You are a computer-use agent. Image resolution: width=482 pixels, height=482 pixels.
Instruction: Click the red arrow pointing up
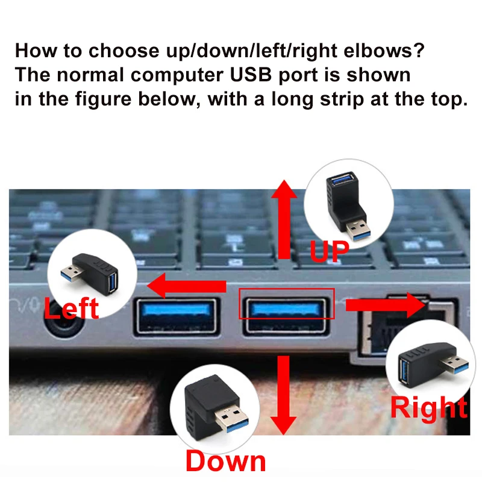[x=284, y=219]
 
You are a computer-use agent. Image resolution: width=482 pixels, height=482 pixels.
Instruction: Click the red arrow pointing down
[x=283, y=395]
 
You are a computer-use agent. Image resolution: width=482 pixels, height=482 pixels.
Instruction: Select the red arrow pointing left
[x=187, y=286]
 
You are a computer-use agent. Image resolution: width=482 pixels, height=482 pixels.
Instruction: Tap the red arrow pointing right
[x=386, y=305]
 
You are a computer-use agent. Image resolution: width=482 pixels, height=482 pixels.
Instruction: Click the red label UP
[x=329, y=251]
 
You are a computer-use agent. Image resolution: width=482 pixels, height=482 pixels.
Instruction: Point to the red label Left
[x=71, y=308]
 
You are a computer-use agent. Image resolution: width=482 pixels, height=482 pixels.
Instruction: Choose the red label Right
[x=429, y=407]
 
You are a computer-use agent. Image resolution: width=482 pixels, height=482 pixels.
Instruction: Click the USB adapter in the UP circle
[x=348, y=205]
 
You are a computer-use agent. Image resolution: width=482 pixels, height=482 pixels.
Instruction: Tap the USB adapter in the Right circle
[x=433, y=364]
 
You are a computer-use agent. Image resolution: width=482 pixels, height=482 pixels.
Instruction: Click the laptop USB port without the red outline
[x=177, y=316]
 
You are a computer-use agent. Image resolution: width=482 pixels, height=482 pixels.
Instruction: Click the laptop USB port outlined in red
[x=286, y=316]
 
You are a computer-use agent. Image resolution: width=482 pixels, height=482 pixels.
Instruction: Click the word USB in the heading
[x=251, y=75]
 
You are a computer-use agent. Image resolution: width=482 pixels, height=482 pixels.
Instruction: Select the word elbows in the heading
[x=384, y=51]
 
